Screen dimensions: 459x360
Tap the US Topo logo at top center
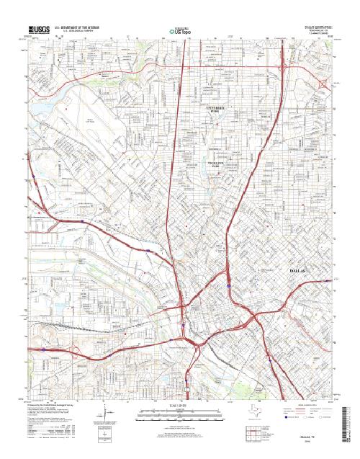click(179, 30)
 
